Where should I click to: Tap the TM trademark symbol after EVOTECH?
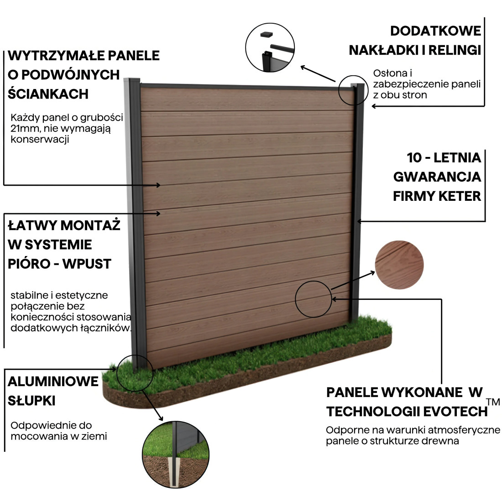(493, 402)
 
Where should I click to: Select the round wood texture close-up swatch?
(399, 265)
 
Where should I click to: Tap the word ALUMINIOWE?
(53, 381)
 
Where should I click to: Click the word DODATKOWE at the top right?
(435, 31)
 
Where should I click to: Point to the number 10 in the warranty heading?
(414, 157)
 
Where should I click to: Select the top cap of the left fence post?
(132, 81)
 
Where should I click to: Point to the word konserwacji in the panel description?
(40, 139)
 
